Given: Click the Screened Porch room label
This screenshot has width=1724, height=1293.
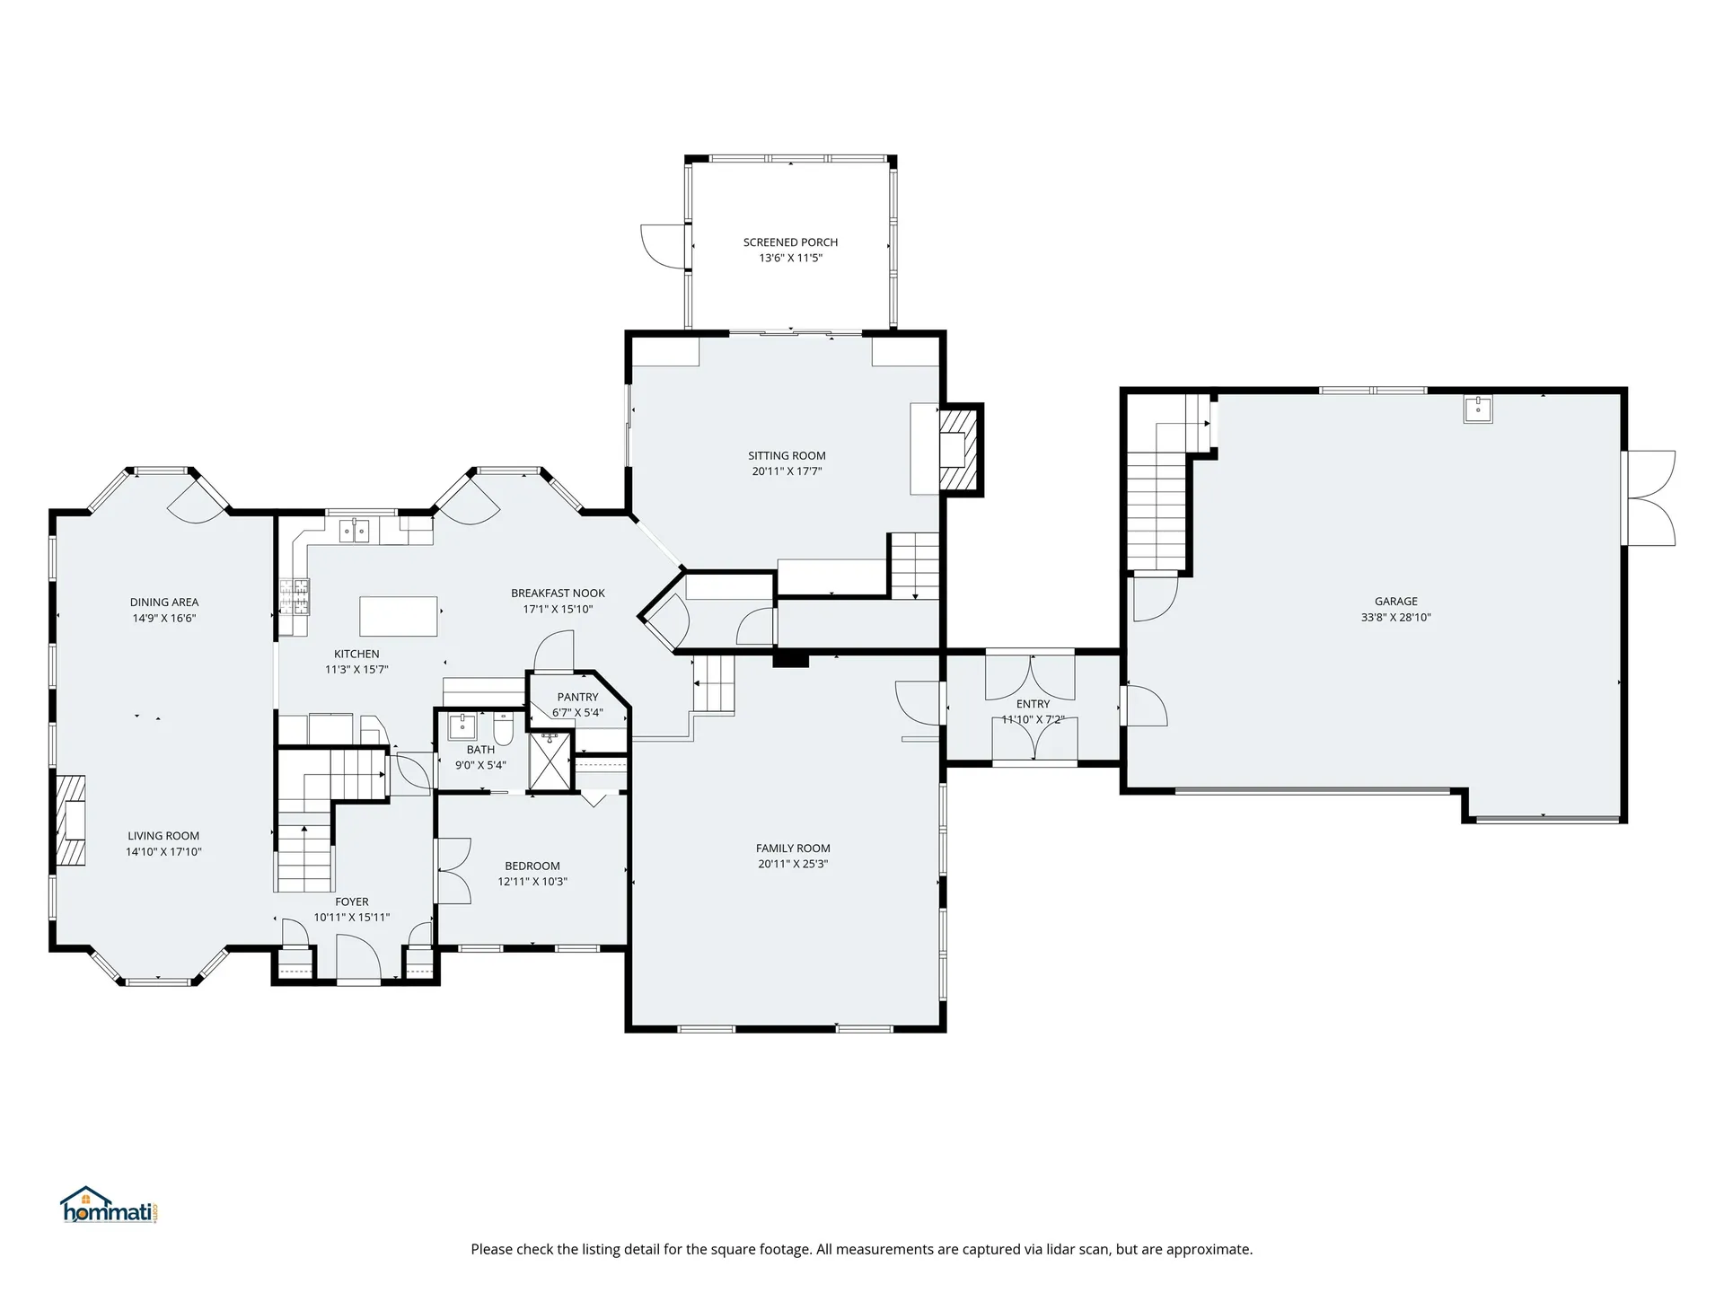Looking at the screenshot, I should [x=790, y=242].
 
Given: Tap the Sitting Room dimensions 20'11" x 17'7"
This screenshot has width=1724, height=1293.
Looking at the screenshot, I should [x=787, y=471].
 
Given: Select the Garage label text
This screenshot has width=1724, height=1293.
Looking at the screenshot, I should [x=1395, y=602].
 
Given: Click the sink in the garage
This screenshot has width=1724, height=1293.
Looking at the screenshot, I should [x=1477, y=409].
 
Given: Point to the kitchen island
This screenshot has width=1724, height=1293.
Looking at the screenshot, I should [x=399, y=616].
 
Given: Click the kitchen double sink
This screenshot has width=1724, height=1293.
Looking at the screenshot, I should [x=355, y=532].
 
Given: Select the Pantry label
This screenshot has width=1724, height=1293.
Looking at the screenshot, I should [x=577, y=697].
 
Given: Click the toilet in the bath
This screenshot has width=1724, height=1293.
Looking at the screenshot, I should [x=503, y=730].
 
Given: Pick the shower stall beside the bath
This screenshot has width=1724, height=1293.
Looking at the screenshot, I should [x=550, y=761].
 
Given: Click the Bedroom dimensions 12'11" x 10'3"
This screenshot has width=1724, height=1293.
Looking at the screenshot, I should [x=532, y=882].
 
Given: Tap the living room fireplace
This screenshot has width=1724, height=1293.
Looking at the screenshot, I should [x=72, y=820].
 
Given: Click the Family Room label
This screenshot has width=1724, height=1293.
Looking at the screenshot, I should [x=793, y=849].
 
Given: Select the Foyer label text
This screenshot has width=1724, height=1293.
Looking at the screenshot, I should [x=352, y=902].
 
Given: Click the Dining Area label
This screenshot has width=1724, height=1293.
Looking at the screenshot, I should [x=164, y=603].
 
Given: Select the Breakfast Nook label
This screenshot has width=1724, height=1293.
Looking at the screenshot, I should [x=558, y=594].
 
